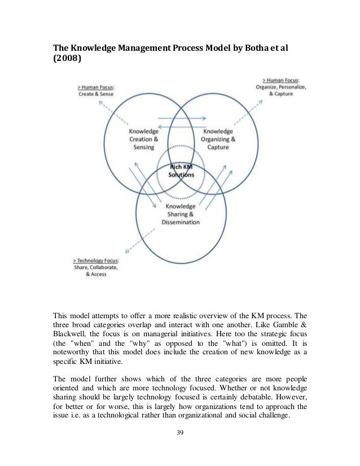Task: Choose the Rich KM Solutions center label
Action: [181, 172]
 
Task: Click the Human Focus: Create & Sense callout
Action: [97, 90]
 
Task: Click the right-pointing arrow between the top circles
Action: [180, 119]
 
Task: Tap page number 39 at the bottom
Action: [180, 434]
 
